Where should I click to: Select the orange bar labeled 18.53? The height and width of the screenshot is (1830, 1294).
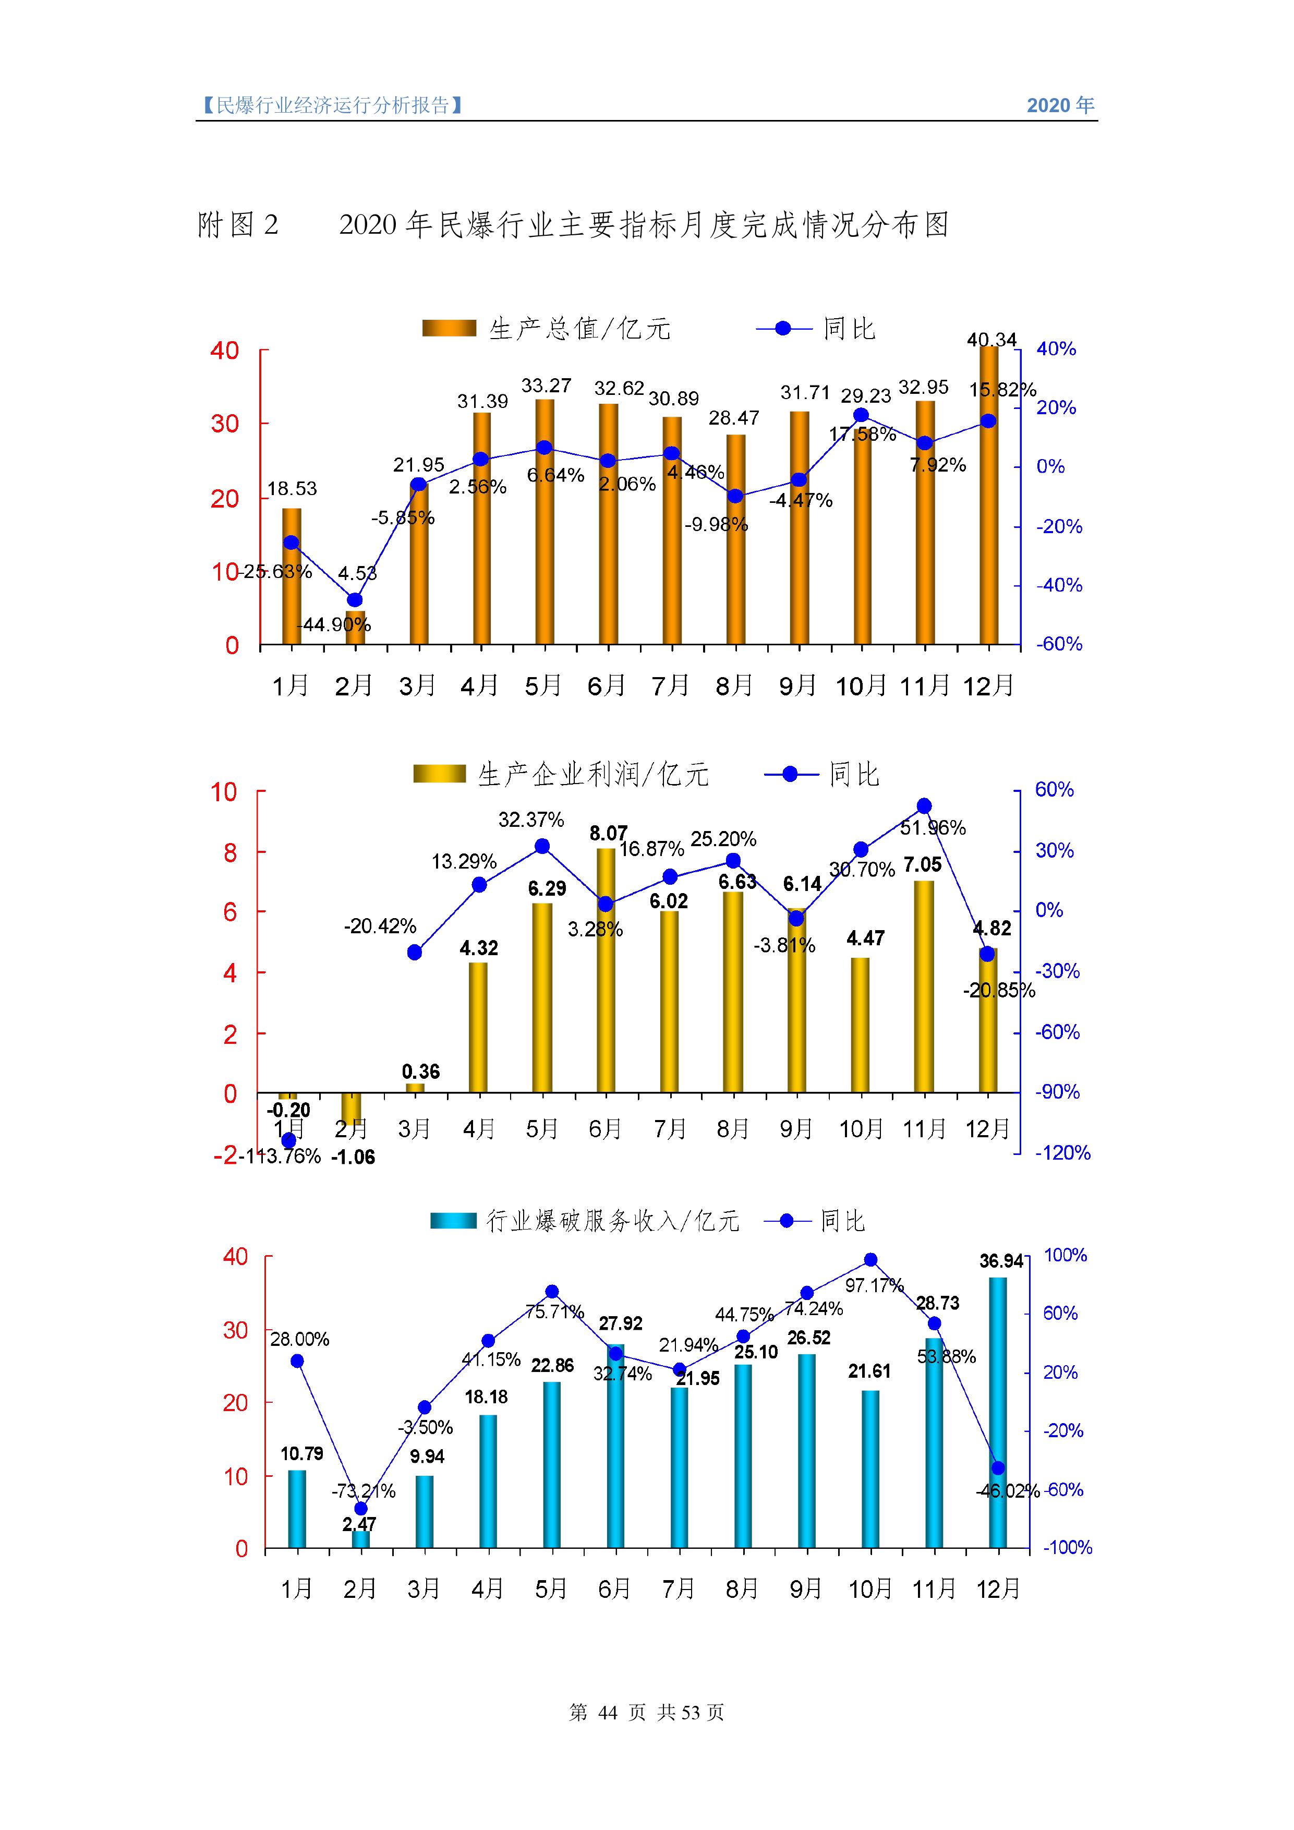point(292,575)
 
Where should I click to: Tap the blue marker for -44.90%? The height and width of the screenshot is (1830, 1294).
point(355,600)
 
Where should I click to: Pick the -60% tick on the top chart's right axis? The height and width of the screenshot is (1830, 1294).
point(1059,644)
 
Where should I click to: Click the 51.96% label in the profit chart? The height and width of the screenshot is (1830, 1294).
point(932,828)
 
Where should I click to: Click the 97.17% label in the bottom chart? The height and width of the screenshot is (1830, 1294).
point(874,1285)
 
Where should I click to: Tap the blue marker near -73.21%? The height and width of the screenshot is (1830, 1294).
point(361,1509)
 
